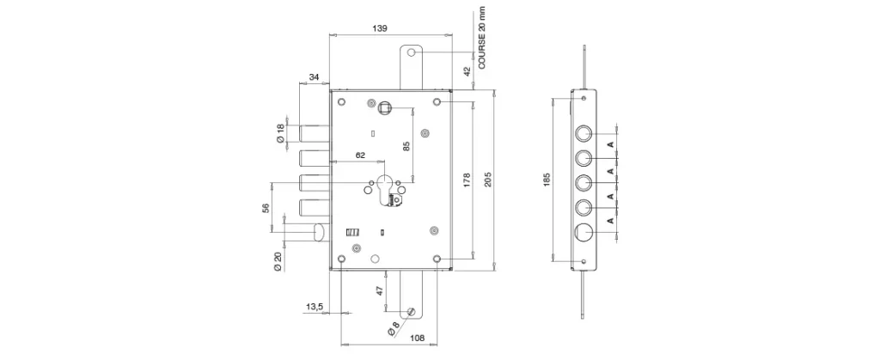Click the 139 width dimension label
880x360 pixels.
(x=379, y=28)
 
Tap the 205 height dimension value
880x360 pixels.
(x=488, y=180)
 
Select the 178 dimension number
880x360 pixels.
(x=467, y=180)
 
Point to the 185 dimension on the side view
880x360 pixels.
(x=547, y=180)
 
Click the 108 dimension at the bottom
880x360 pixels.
(x=417, y=338)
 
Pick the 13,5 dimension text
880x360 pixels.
(x=315, y=306)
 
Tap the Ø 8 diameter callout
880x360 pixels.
(x=393, y=328)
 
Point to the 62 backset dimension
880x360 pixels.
(x=360, y=156)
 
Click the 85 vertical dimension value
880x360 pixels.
(x=406, y=146)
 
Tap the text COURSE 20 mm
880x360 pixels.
(x=482, y=38)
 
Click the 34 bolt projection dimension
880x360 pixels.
(x=315, y=76)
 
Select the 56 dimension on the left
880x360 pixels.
(x=266, y=207)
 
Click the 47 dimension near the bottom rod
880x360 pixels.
(x=379, y=291)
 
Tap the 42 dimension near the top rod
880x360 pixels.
(x=467, y=72)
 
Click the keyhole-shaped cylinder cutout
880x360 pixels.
(x=386, y=190)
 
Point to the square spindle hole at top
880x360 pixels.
(x=385, y=107)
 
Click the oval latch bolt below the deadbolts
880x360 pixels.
(x=320, y=233)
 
